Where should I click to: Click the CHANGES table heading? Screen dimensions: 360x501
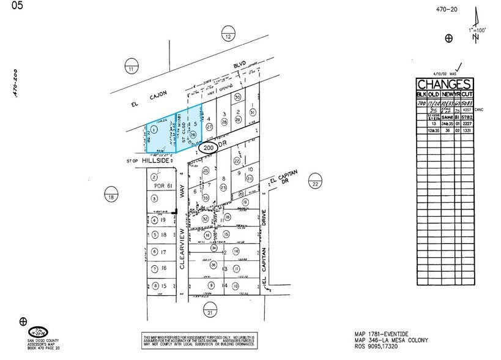click(444, 84)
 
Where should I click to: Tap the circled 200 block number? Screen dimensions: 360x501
click(209, 148)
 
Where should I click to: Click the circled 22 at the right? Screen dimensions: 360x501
click(315, 184)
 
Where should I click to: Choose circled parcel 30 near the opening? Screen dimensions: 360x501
click(238, 97)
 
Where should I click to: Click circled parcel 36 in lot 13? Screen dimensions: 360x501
click(214, 264)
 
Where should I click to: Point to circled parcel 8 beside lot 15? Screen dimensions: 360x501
click(155, 285)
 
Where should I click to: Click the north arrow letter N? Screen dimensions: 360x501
click(475, 37)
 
